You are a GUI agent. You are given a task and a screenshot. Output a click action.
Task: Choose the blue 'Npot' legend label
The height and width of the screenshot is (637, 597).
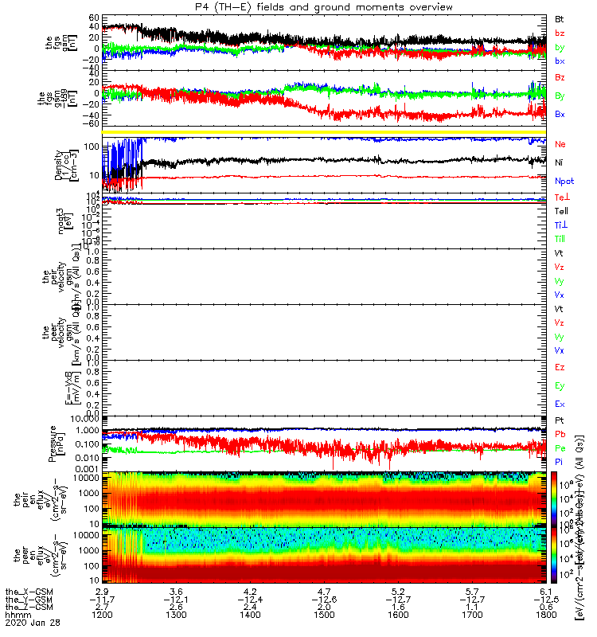(564, 181)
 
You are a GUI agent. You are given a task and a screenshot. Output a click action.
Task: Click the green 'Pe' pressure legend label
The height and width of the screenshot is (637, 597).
(560, 448)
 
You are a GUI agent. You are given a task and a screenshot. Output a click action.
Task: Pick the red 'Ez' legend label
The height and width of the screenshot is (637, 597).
(560, 368)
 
